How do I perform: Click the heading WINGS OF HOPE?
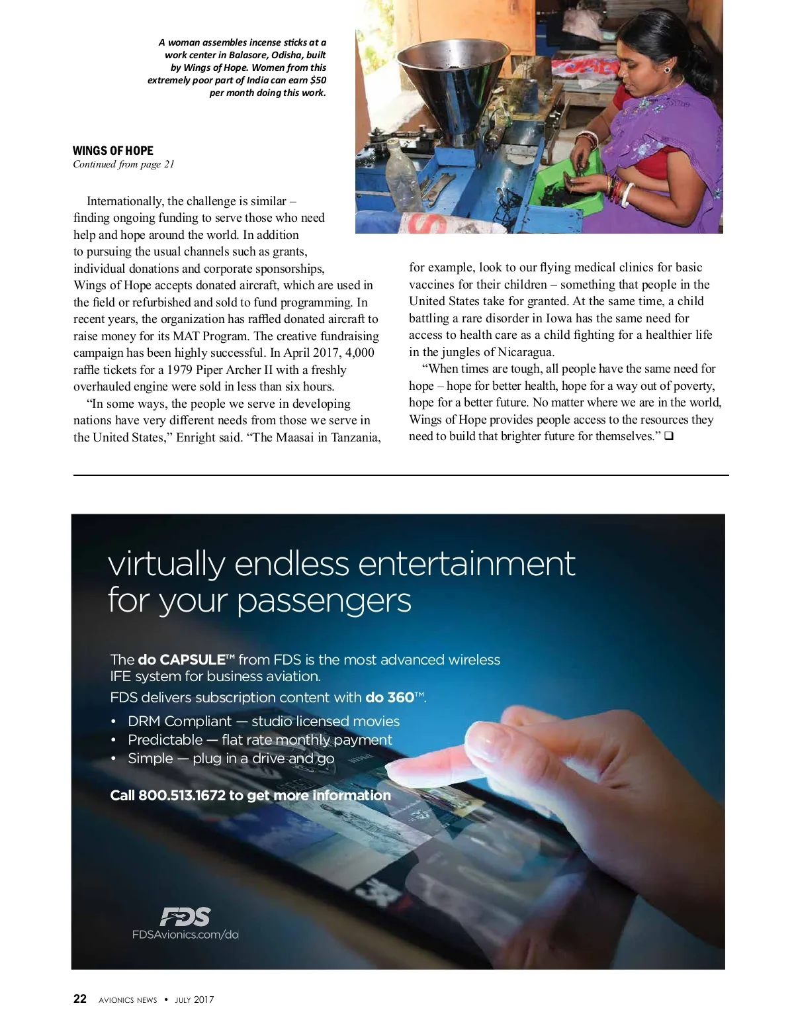[x=112, y=150]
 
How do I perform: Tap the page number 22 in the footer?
[x=79, y=999]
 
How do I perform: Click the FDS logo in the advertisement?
[x=185, y=917]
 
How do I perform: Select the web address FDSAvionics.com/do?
[x=185, y=935]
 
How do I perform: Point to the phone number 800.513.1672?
[x=182, y=795]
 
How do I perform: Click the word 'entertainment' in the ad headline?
[x=466, y=564]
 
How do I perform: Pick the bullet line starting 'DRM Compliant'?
[x=263, y=721]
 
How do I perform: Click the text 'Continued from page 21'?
[x=124, y=164]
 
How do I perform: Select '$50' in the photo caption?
[x=318, y=80]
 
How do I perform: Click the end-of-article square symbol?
[x=668, y=436]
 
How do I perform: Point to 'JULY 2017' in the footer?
[x=195, y=1000]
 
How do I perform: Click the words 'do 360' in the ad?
[x=390, y=697]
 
